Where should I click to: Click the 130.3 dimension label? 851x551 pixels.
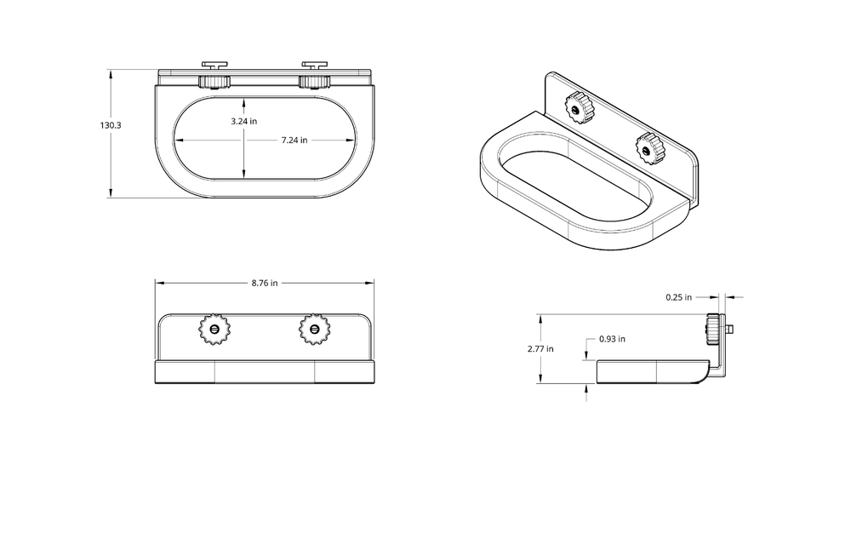pos(110,125)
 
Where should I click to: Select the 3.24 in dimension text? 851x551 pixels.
pos(244,122)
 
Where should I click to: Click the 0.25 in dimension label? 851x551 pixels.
pos(679,297)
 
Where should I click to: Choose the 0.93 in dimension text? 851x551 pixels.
pos(612,339)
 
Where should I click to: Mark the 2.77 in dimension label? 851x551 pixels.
pos(540,348)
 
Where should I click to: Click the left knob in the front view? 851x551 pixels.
pos(214,328)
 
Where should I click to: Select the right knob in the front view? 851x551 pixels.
pos(315,328)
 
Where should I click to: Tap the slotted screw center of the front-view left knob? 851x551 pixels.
pos(214,328)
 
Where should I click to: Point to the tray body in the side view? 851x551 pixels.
pos(651,371)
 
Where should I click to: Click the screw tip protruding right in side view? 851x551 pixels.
pos(733,328)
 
